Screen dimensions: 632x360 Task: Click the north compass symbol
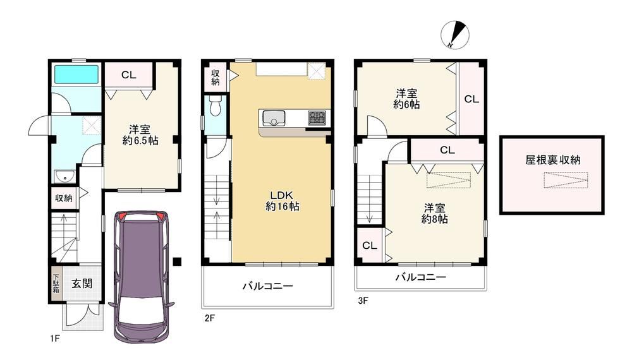(455, 35)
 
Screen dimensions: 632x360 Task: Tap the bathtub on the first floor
(76, 74)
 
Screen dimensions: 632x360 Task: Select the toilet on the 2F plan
(216, 106)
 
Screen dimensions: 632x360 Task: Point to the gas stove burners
(318, 117)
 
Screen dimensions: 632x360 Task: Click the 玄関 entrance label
(82, 284)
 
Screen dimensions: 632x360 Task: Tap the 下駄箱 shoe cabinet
(56, 284)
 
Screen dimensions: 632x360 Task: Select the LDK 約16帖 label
(282, 201)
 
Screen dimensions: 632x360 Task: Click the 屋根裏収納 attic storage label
(552, 160)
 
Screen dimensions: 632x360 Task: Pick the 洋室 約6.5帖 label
(140, 135)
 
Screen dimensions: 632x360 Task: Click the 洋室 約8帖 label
(435, 213)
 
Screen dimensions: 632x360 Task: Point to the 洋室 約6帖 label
(406, 99)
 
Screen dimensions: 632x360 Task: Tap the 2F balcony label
(267, 286)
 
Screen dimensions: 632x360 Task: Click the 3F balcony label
(420, 277)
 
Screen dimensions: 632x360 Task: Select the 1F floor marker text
(55, 339)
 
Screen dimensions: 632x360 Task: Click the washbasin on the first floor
(64, 176)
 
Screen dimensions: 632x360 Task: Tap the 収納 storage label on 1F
(64, 198)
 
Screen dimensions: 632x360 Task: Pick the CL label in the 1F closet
(129, 75)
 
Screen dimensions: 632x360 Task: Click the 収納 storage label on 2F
(216, 77)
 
